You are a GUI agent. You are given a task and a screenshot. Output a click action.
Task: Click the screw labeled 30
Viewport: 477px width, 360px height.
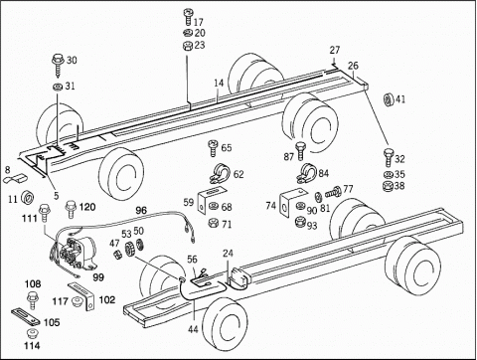[x=59, y=66]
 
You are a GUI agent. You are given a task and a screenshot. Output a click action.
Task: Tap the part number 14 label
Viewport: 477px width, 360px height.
[x=219, y=83]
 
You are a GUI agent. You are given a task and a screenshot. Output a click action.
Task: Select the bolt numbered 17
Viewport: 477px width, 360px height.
[x=188, y=17]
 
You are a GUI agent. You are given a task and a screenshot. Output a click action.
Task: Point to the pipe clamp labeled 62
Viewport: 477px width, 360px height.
[x=220, y=174]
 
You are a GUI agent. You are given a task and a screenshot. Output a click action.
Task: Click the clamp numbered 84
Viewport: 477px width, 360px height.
[x=306, y=173]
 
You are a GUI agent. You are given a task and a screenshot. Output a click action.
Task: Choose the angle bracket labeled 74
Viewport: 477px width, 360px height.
[x=291, y=203]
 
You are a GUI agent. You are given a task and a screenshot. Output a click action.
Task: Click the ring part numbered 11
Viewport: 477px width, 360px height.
[x=28, y=198]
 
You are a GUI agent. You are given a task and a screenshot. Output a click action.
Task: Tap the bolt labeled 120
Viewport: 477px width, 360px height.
[x=71, y=209]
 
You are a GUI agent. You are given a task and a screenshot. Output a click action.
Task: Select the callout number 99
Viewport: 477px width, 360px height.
[x=98, y=277]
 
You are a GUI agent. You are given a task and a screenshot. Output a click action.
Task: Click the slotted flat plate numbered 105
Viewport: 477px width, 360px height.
[x=26, y=317]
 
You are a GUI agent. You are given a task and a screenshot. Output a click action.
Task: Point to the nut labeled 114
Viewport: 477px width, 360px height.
[x=32, y=333]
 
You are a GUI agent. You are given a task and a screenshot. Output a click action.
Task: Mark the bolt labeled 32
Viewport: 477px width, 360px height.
[x=389, y=157]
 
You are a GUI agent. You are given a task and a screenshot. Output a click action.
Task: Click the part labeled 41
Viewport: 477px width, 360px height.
[x=389, y=99]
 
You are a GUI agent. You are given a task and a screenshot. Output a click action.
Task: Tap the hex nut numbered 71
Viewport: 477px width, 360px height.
[x=213, y=223]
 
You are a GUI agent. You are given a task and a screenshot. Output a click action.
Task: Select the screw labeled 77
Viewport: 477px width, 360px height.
[x=334, y=192]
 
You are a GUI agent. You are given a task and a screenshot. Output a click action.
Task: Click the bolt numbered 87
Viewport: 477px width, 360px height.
[x=300, y=151]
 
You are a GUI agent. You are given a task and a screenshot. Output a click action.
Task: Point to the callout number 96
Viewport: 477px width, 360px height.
[x=141, y=210]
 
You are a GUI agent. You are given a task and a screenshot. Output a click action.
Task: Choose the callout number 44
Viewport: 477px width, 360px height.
[x=193, y=329]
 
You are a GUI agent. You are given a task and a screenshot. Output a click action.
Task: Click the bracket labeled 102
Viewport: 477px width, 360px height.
[x=82, y=295]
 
